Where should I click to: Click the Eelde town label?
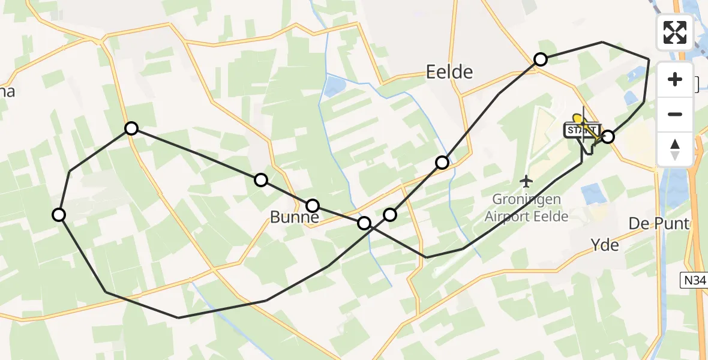449,73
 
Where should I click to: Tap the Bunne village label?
294,217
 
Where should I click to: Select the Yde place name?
605,245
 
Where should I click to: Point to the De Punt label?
658,224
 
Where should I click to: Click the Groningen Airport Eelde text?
526,207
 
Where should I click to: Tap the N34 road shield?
694,279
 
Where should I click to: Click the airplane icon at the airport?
526,180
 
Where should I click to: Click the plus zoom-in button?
676,79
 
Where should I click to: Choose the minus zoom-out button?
676,114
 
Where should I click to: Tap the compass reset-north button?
676,149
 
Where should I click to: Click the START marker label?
581,130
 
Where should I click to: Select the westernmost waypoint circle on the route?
59,215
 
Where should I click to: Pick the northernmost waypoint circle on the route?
541,59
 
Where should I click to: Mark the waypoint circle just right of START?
608,137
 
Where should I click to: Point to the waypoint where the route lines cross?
364,223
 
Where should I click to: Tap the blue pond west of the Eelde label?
333,86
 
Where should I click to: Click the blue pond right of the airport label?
593,194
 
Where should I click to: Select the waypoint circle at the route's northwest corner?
131,128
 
